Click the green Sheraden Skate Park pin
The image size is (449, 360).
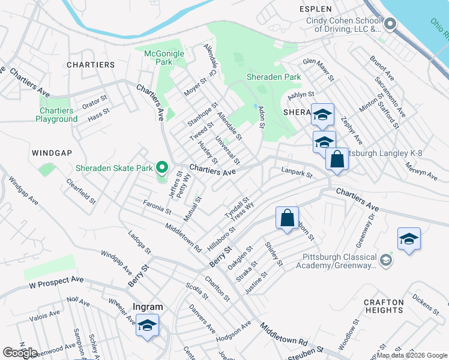[161, 167]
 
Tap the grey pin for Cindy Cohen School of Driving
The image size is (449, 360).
[390, 25]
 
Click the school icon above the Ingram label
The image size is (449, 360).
[147, 325]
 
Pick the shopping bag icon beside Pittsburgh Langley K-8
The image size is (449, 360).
[337, 160]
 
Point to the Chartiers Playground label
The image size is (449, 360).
[56, 115]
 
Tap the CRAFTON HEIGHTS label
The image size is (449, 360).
[384, 306]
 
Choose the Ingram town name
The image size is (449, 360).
[148, 307]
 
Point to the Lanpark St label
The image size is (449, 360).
[297, 172]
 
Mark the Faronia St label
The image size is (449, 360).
[158, 208]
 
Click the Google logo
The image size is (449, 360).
[20, 353]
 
